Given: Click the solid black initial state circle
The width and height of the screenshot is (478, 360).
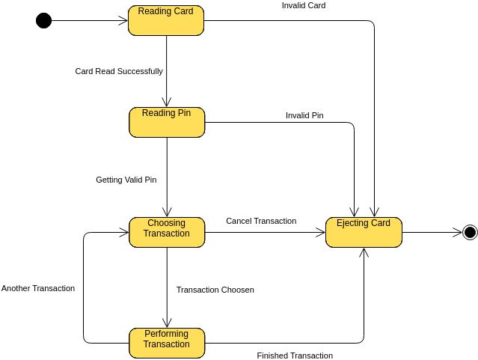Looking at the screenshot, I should [43, 20].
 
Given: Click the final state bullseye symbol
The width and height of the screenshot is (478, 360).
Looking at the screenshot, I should [470, 232].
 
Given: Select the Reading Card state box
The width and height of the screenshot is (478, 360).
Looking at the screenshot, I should [165, 20].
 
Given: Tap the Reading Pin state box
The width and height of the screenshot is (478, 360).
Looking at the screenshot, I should [166, 122].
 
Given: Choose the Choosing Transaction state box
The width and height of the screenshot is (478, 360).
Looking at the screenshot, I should [166, 232].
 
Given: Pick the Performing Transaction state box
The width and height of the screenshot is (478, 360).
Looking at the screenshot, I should [166, 343].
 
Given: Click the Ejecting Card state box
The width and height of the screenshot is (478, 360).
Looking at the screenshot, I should [364, 232].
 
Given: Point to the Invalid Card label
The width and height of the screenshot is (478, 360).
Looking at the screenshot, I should [303, 5].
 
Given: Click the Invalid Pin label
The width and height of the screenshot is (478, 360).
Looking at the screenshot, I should [304, 115].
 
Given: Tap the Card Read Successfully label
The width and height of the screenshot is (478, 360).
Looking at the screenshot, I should [119, 71].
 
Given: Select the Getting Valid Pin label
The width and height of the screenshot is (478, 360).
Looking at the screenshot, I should [126, 180].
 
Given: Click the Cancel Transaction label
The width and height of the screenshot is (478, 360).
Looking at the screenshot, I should [261, 221].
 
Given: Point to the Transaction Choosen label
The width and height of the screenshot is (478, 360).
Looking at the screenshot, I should [215, 290].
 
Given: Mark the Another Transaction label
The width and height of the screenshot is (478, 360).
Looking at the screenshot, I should [38, 288].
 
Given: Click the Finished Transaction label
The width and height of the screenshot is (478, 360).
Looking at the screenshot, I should [295, 356].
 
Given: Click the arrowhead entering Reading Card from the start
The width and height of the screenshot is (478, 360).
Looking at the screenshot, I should [123, 20].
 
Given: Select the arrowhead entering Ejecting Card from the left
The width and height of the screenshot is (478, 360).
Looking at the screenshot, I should [321, 232].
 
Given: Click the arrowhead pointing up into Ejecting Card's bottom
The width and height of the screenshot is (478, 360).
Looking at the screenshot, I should [364, 252].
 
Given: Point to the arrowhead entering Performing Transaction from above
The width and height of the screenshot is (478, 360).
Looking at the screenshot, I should [166, 323].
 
